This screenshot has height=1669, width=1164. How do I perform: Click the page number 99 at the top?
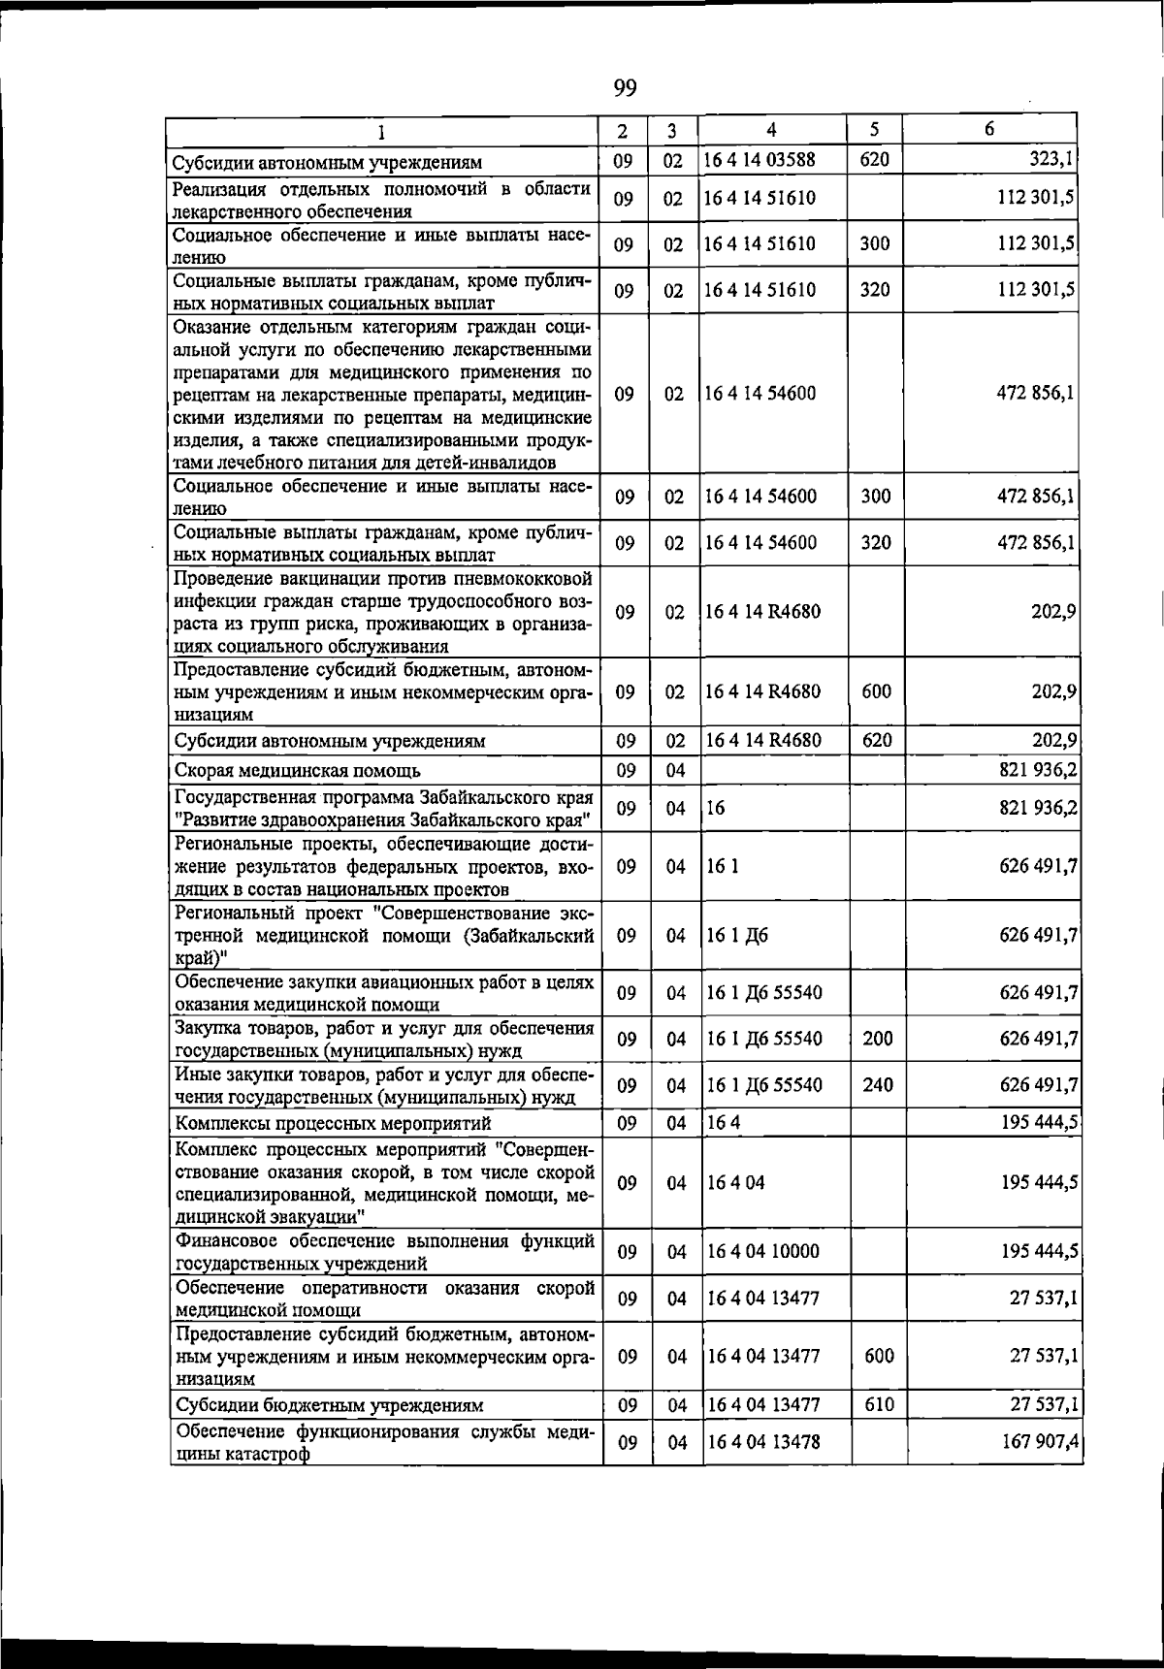tap(625, 88)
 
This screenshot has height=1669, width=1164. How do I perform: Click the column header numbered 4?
tap(771, 130)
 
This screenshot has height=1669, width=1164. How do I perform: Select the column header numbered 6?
tap(988, 129)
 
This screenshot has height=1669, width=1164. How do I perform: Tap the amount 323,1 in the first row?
tap(1051, 159)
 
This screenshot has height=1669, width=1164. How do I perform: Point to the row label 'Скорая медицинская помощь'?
tap(297, 771)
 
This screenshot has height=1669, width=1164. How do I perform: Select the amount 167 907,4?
tap(1040, 1442)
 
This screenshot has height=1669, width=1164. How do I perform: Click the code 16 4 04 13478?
tap(762, 1442)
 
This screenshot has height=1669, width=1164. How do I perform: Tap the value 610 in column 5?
tap(878, 1404)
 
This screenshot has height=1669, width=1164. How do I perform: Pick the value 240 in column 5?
tap(877, 1085)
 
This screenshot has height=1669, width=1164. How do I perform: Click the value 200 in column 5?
tap(877, 1039)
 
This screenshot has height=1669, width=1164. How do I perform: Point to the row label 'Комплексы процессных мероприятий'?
tap(333, 1123)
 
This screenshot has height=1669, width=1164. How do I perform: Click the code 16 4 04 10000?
tap(762, 1252)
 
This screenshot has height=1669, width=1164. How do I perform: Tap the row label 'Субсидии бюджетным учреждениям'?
tap(329, 1405)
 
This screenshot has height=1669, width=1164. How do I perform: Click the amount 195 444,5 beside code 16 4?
tap(1040, 1123)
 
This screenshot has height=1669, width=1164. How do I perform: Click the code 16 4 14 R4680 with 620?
tap(762, 741)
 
